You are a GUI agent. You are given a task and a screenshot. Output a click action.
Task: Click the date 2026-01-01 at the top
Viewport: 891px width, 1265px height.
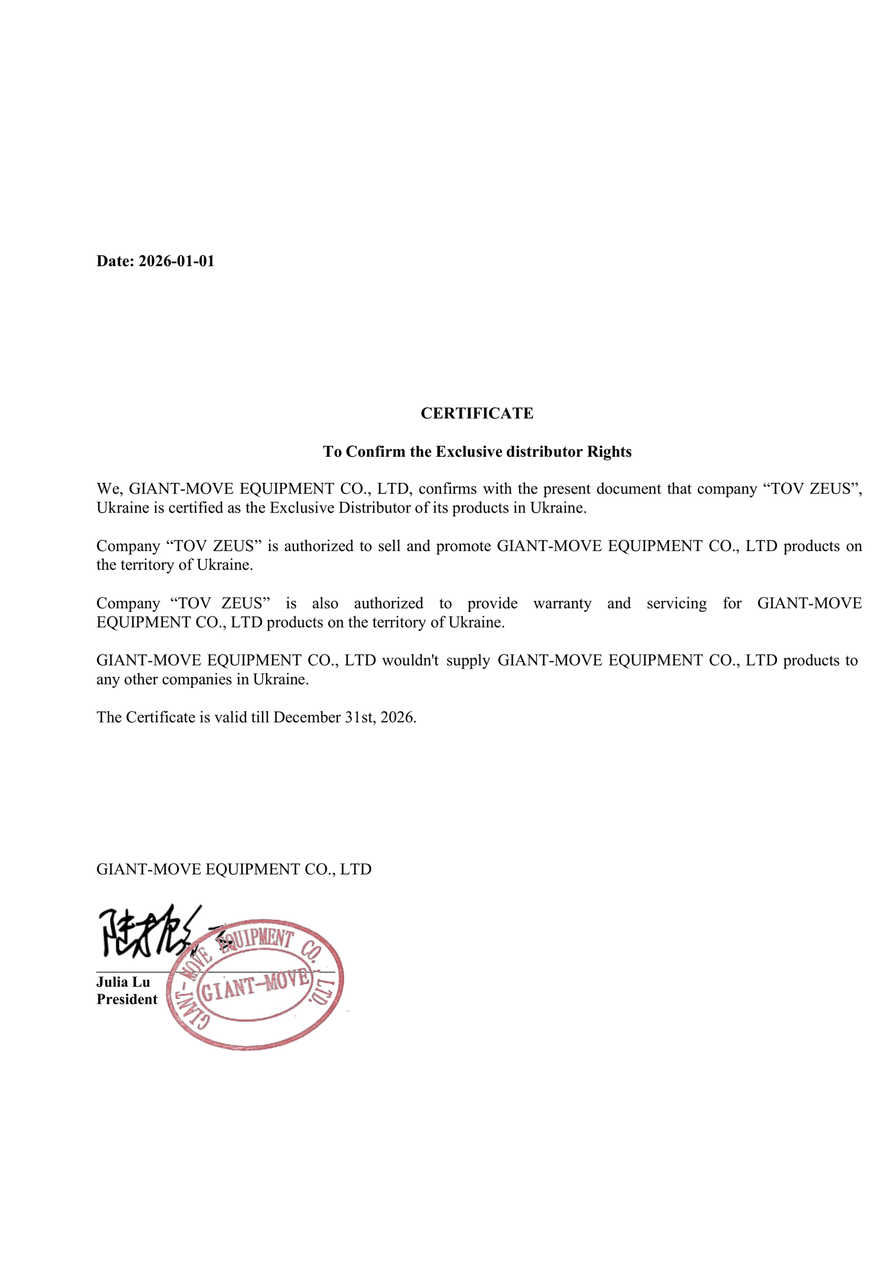pos(176,261)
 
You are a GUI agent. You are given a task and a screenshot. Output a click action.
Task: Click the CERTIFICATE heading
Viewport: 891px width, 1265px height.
pos(476,413)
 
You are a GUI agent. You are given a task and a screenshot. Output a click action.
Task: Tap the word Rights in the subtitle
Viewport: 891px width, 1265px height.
pos(609,452)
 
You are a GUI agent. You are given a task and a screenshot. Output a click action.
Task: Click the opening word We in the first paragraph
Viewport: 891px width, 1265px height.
pos(109,489)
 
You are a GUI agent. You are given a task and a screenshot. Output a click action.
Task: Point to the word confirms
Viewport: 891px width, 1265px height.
pos(447,489)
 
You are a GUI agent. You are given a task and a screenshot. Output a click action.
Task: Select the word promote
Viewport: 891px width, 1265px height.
pos(463,546)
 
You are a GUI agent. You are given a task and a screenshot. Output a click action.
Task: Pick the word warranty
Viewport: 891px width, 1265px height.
pos(562,603)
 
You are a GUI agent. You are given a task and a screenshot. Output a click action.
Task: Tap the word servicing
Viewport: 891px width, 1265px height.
pos(677,603)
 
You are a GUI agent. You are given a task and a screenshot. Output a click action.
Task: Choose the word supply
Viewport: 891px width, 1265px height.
pos(468,660)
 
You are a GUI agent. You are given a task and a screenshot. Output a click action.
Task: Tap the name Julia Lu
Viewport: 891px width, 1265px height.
pos(123,982)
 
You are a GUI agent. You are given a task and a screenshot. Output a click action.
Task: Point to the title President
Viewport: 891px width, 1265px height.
pos(127,1000)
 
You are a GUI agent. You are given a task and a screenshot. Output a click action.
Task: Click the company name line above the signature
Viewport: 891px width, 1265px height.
pos(233,869)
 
